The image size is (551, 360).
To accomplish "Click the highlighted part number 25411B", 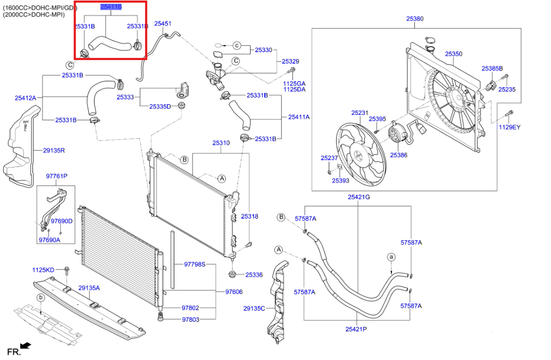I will click(x=111, y=7).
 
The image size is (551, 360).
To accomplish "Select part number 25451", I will click(x=163, y=24).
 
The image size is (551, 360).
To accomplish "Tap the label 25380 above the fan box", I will click(x=415, y=19).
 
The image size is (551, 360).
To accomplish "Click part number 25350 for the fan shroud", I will click(x=454, y=54).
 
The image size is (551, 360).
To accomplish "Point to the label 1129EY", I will click(x=510, y=128).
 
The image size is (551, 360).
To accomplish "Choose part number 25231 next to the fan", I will click(x=360, y=113).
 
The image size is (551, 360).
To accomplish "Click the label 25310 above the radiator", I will click(x=221, y=143).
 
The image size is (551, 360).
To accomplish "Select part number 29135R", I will click(x=54, y=150).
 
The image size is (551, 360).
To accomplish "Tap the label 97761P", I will click(x=56, y=176).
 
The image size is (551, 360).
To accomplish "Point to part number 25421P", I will click(x=356, y=329).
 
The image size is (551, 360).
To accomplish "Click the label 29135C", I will click(x=254, y=308).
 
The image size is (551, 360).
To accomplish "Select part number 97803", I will click(x=190, y=320).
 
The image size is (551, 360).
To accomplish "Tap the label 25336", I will click(x=254, y=275).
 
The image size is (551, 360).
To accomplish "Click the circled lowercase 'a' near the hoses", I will click(x=391, y=257).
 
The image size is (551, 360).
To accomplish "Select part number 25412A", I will click(x=26, y=98).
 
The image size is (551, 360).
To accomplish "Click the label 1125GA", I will click(x=294, y=84).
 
